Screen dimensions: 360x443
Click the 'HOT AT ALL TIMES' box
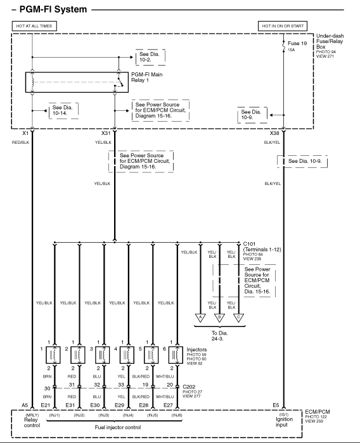click(x=34, y=26)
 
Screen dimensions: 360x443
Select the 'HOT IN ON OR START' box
click(x=283, y=26)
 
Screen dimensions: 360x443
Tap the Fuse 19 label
click(x=297, y=43)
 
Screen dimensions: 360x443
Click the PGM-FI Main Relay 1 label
click(x=146, y=77)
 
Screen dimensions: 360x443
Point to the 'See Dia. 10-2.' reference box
click(x=150, y=57)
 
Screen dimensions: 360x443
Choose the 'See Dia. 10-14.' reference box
click(x=63, y=110)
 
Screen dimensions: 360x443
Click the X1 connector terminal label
click(x=25, y=133)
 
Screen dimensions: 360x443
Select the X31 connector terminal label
click(x=106, y=133)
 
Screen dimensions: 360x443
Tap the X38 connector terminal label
click(x=274, y=133)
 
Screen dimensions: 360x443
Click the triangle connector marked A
click(x=200, y=318)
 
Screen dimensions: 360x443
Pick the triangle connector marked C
click(x=238, y=318)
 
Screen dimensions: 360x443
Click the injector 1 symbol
click(x=53, y=355)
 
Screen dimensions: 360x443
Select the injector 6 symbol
click(x=176, y=355)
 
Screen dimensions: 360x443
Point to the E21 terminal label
click(x=46, y=405)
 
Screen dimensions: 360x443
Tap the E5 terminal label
click(x=276, y=405)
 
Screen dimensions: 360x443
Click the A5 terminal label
click(x=25, y=405)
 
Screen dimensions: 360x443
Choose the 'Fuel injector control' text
click(x=118, y=427)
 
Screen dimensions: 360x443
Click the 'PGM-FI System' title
click(x=53, y=10)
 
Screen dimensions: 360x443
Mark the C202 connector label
click(x=189, y=387)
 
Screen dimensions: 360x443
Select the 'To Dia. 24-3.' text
click(x=219, y=336)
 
